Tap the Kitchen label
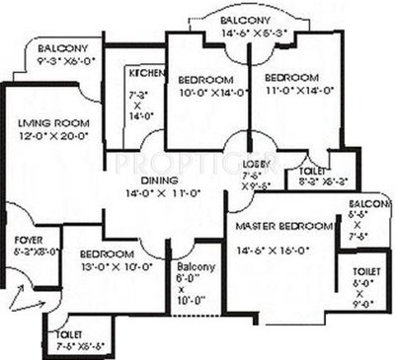pos(141,73)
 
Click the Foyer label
pos(27,239)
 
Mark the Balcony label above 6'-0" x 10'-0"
pos(192,266)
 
